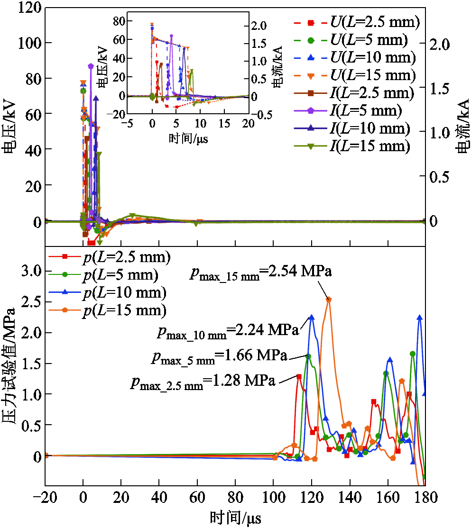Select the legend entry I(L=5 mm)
(348, 111)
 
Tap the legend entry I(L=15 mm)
(352, 146)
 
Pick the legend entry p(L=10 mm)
(108, 292)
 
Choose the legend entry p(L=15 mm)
(108, 310)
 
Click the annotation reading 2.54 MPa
(300, 271)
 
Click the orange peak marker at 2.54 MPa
(329, 299)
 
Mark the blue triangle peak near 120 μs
(312, 317)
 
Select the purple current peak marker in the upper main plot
(91, 66)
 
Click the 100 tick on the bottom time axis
(274, 497)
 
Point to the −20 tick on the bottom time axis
(45, 497)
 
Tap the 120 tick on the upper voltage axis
(30, 8)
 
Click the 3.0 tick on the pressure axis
(31, 271)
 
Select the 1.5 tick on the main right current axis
(440, 89)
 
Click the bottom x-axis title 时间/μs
(235, 518)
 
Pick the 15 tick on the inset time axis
(224, 124)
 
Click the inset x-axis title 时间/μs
(188, 138)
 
